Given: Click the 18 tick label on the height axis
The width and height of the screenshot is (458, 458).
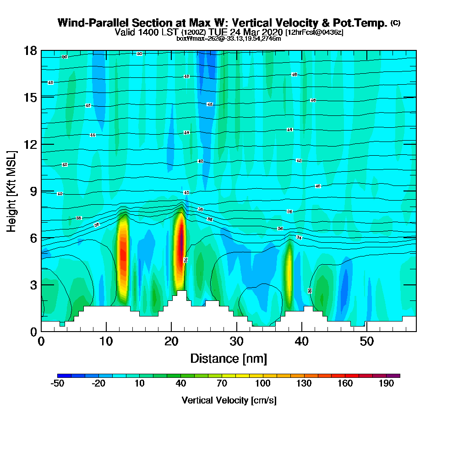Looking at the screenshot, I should (30, 50).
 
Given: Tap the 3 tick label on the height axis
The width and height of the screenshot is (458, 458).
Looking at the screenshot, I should (33, 285).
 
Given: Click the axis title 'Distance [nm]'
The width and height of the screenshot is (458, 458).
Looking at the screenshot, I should (229, 358).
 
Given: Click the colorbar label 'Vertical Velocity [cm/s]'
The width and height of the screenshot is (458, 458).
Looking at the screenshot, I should (229, 400).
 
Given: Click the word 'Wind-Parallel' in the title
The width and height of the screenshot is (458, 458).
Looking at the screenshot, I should (95, 23).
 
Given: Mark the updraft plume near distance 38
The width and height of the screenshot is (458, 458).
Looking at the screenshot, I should (289, 275).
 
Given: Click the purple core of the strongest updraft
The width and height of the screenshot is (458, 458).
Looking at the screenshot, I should (181, 238).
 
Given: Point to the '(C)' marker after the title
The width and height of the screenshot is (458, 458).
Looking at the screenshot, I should (395, 23).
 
